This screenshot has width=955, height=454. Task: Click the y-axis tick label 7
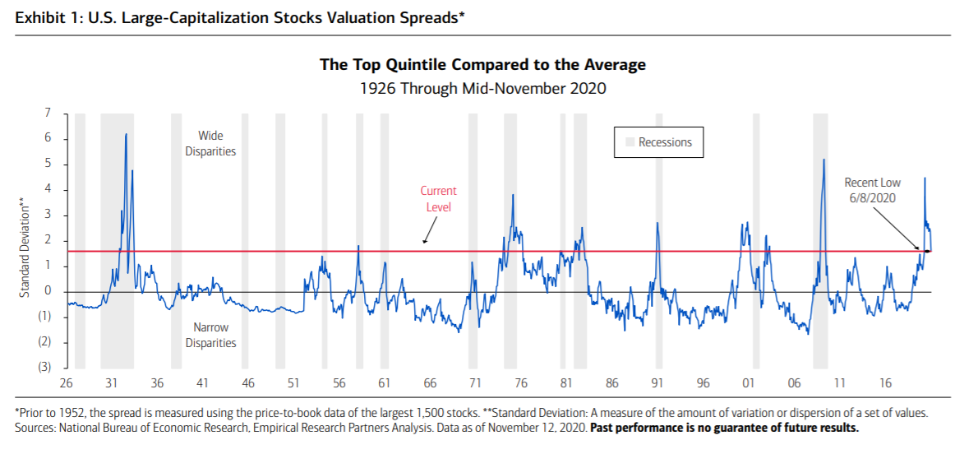[48, 113]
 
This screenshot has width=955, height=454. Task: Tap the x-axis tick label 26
[67, 383]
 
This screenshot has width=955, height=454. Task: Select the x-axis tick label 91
[657, 383]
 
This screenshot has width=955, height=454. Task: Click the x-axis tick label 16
[884, 383]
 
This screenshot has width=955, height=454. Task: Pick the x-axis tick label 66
[429, 383]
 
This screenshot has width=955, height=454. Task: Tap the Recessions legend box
[659, 142]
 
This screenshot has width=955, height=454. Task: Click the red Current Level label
[438, 199]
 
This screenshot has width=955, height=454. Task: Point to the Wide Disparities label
[210, 143]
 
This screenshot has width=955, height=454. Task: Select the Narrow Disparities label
[210, 335]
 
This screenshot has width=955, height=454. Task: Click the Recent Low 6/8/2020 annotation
[872, 190]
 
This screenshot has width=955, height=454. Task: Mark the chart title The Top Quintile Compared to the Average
[482, 65]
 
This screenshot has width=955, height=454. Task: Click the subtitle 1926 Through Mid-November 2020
[482, 87]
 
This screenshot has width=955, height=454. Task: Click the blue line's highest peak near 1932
[126, 134]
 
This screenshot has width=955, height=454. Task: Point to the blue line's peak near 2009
[824, 160]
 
